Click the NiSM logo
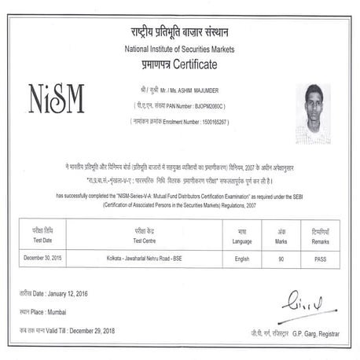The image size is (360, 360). tap(56, 97)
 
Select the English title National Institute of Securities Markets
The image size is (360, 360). tap(180, 48)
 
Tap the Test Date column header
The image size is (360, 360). tap(44, 241)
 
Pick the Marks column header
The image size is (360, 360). tap(281, 241)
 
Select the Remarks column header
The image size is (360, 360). tap(320, 241)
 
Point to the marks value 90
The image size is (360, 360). tap(281, 257)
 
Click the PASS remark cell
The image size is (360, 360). tap(320, 257)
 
